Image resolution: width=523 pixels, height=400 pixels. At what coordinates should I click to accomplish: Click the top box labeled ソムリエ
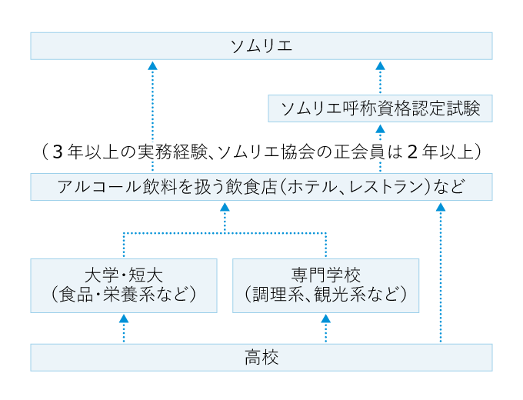tap(261, 45)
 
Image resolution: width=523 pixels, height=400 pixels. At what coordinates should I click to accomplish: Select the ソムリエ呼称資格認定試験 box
tap(380, 108)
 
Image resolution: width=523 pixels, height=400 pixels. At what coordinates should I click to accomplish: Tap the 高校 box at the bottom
tap(261, 357)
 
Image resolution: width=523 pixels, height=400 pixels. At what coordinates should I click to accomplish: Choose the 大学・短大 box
tap(123, 285)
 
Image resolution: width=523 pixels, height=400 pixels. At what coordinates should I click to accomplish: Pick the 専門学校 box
tap(325, 285)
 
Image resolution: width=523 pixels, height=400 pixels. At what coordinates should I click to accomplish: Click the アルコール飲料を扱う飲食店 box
tap(261, 187)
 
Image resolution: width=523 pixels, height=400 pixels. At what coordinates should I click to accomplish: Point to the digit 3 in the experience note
tap(58, 152)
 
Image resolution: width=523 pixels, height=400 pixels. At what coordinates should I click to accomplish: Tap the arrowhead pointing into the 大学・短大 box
tap(123, 318)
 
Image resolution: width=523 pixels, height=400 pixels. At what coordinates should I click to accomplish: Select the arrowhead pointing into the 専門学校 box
tap(325, 318)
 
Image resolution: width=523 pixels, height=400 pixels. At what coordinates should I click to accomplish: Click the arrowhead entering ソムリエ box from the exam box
tap(380, 65)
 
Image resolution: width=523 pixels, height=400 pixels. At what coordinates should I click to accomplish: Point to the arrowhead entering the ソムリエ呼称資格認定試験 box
tap(380, 128)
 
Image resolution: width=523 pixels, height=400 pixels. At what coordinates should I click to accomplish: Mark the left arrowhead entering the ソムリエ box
tap(152, 65)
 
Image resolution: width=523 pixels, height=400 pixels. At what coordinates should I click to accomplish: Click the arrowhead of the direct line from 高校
tap(440, 206)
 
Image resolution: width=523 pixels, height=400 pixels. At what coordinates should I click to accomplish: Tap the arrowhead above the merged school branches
tap(225, 206)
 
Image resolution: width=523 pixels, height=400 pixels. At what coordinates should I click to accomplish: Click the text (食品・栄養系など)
tap(123, 295)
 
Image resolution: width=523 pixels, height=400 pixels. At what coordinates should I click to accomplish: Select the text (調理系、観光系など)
tap(325, 295)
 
